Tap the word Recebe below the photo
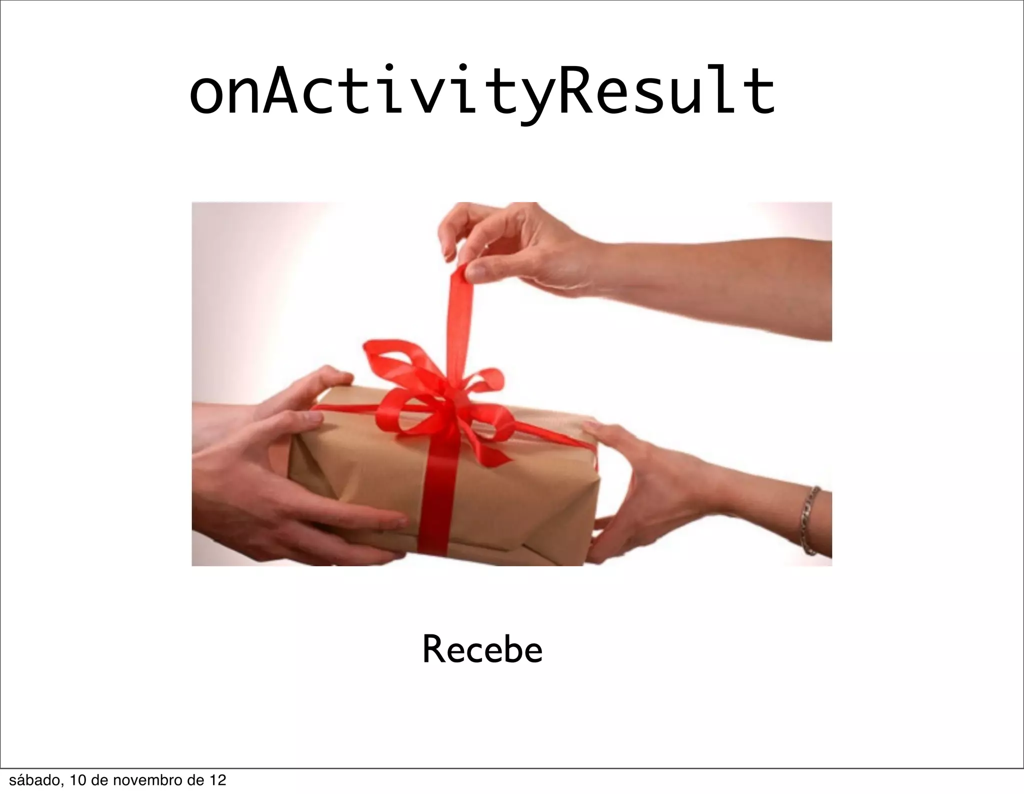[482, 650]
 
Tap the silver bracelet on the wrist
[809, 520]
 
